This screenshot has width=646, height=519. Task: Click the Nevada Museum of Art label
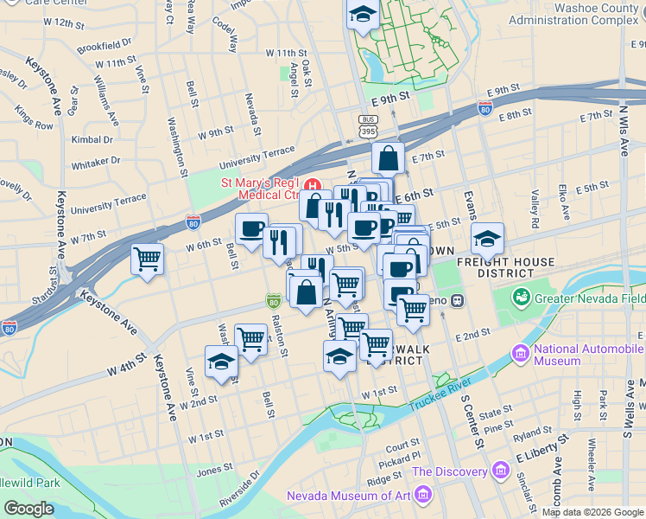point(349,496)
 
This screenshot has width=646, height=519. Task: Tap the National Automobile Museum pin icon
point(520,354)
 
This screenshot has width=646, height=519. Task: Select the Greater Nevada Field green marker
point(522,298)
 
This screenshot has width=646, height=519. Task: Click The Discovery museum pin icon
point(500,471)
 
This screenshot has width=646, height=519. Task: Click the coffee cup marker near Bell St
point(251,229)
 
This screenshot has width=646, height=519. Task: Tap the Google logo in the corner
point(28,508)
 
